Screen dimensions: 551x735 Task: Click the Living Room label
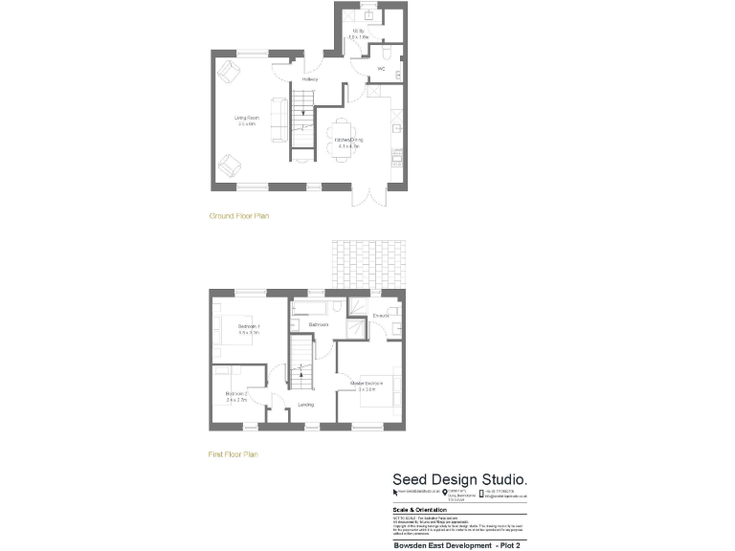point(247,118)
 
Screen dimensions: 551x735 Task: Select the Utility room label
point(359,32)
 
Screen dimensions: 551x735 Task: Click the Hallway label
point(309,78)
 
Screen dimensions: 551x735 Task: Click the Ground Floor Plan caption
point(239,216)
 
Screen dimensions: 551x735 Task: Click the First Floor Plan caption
point(234,454)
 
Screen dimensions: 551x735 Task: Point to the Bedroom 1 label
point(250,328)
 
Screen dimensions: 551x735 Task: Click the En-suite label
point(380,316)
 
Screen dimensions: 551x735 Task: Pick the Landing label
point(306,405)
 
